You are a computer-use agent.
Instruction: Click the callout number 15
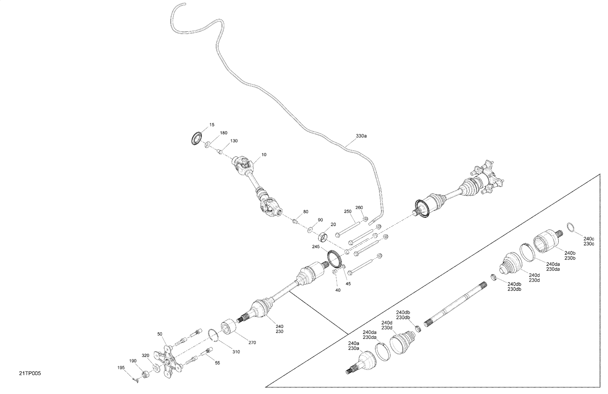pyautogui.click(x=212, y=125)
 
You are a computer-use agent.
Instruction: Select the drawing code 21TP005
pyautogui.click(x=30, y=373)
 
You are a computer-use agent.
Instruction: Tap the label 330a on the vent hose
pyautogui.click(x=361, y=136)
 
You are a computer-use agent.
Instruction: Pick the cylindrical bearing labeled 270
pyautogui.click(x=228, y=327)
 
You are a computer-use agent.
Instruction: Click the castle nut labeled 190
pyautogui.click(x=145, y=375)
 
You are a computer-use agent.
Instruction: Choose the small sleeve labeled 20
pyautogui.click(x=323, y=237)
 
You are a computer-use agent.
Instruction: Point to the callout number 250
pyautogui.click(x=348, y=211)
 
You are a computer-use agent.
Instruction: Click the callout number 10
pyautogui.click(x=264, y=155)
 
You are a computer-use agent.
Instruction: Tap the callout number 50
pyautogui.click(x=160, y=334)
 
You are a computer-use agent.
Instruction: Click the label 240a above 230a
pyautogui.click(x=354, y=343)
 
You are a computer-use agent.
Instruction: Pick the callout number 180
pyautogui.click(x=224, y=133)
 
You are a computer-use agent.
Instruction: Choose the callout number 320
pyautogui.click(x=145, y=356)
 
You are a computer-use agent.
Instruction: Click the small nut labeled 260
pyautogui.click(x=366, y=219)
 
